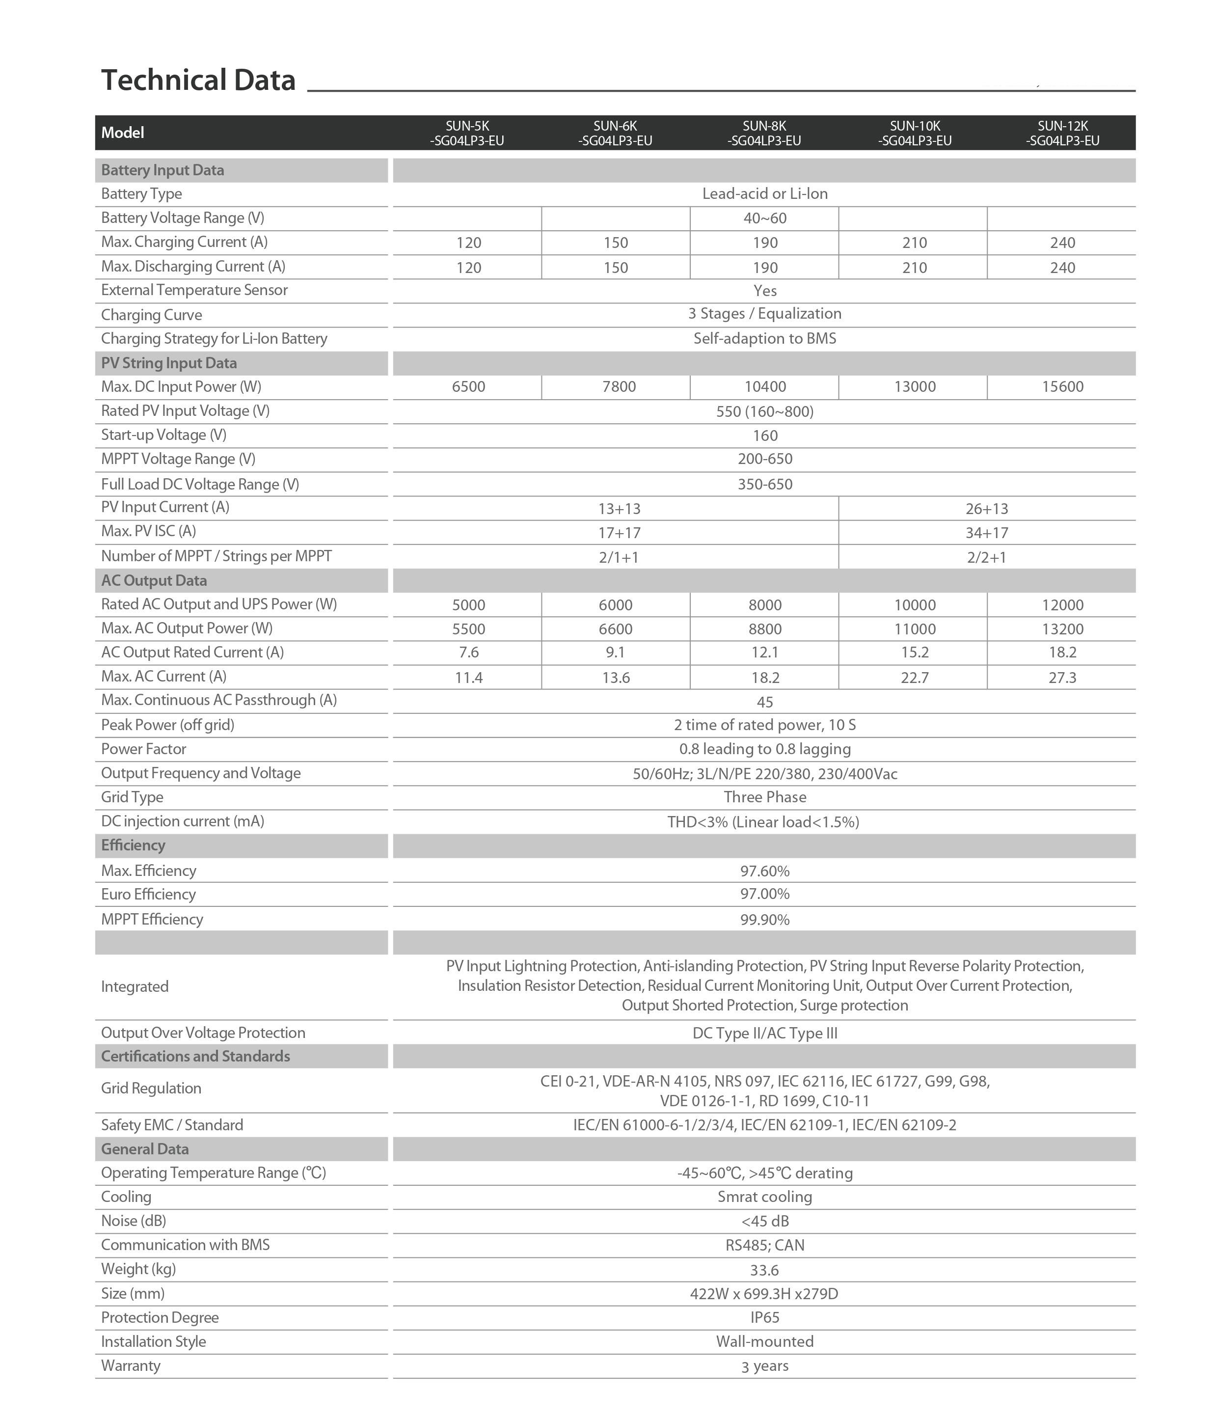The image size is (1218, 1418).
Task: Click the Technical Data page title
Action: pyautogui.click(x=198, y=80)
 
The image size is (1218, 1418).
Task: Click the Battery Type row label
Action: pyautogui.click(x=142, y=193)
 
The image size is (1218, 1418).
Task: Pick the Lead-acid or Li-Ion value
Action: pyautogui.click(x=764, y=193)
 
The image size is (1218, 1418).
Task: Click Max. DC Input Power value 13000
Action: pyautogui.click(x=914, y=387)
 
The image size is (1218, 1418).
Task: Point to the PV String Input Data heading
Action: pyautogui.click(x=169, y=363)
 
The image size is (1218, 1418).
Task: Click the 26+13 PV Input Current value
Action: pyautogui.click(x=987, y=509)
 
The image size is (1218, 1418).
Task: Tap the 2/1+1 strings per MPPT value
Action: pyautogui.click(x=619, y=557)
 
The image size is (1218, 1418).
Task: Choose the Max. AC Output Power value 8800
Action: pyautogui.click(x=764, y=629)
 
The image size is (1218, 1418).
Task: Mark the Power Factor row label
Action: pyautogui.click(x=144, y=749)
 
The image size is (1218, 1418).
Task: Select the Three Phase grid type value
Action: pyautogui.click(x=764, y=797)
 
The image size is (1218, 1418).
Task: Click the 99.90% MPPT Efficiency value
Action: pyautogui.click(x=764, y=920)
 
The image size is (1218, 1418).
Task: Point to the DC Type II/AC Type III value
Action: pyautogui.click(x=764, y=1034)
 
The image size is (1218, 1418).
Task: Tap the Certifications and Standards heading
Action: pyautogui.click(x=196, y=1056)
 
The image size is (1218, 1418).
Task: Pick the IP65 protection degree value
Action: pyautogui.click(x=764, y=1317)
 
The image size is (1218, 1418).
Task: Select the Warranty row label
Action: pyautogui.click(x=131, y=1365)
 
